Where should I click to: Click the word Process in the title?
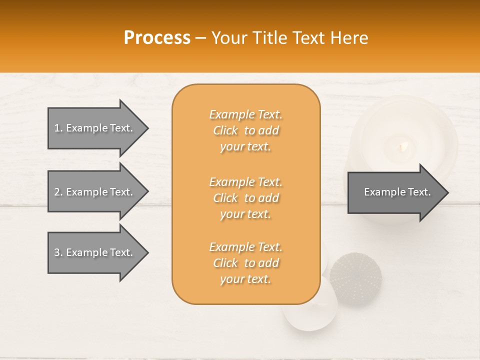(157, 38)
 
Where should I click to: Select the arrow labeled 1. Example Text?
(95, 128)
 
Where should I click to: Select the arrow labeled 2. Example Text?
(95, 192)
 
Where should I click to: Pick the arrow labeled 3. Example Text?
(95, 252)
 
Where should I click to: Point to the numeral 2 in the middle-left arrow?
(57, 192)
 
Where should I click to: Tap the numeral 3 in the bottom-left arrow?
(57, 252)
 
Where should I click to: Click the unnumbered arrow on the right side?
(395, 192)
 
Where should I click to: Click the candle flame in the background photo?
(402, 146)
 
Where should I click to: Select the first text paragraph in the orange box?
(245, 130)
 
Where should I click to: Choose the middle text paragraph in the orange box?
(245, 197)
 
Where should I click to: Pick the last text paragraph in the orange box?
(245, 263)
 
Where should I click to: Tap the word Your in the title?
(230, 38)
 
